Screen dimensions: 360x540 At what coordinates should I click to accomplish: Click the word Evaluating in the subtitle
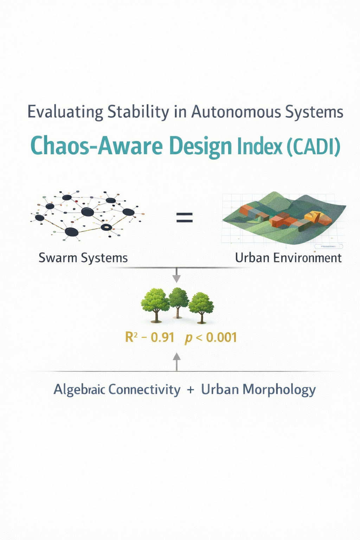coord(65,112)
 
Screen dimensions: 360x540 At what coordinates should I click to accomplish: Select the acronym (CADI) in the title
coord(314,147)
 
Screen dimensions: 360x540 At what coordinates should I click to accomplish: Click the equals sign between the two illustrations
coord(185,217)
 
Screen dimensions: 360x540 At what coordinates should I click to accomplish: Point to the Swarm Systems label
coord(83,258)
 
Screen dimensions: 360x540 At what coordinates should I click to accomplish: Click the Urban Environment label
coord(288,258)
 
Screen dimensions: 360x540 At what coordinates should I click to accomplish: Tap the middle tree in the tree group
coord(178,303)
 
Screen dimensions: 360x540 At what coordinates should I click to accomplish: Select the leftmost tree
coord(155,306)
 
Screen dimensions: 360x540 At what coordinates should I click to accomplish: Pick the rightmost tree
coord(201,308)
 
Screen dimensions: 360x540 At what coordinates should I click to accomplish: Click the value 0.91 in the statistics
coord(162,337)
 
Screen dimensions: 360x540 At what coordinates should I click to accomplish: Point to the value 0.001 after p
coord(221,337)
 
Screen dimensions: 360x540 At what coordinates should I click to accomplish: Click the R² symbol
coord(131,337)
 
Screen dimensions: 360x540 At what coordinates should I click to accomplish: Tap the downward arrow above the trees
coord(177,275)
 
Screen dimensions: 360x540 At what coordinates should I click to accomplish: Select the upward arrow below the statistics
coord(177,362)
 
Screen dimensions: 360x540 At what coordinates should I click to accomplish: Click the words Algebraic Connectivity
coord(117,390)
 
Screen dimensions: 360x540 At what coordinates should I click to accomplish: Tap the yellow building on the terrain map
coord(313,216)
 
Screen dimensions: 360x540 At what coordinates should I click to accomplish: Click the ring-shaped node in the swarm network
coord(106,227)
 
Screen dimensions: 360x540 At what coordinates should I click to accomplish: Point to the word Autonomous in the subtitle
coord(236,112)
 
